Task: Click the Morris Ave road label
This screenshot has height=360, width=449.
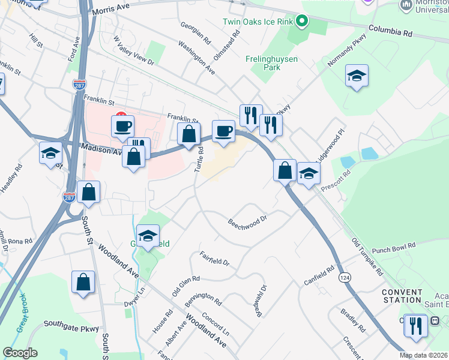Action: tap(111, 10)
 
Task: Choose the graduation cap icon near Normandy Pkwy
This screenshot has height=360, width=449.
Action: tap(357, 76)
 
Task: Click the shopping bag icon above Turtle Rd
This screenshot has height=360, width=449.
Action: tap(188, 134)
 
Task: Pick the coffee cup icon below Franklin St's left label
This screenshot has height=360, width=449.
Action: tap(122, 126)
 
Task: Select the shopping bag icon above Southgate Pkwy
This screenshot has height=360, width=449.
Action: tap(83, 282)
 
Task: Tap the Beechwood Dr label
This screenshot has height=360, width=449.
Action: tap(247, 223)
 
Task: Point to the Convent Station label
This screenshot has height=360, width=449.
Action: tap(402, 296)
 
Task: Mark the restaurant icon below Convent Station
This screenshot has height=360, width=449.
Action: tap(415, 325)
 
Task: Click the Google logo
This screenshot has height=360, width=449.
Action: tap(20, 353)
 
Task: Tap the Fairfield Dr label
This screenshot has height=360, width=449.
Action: tap(214, 258)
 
